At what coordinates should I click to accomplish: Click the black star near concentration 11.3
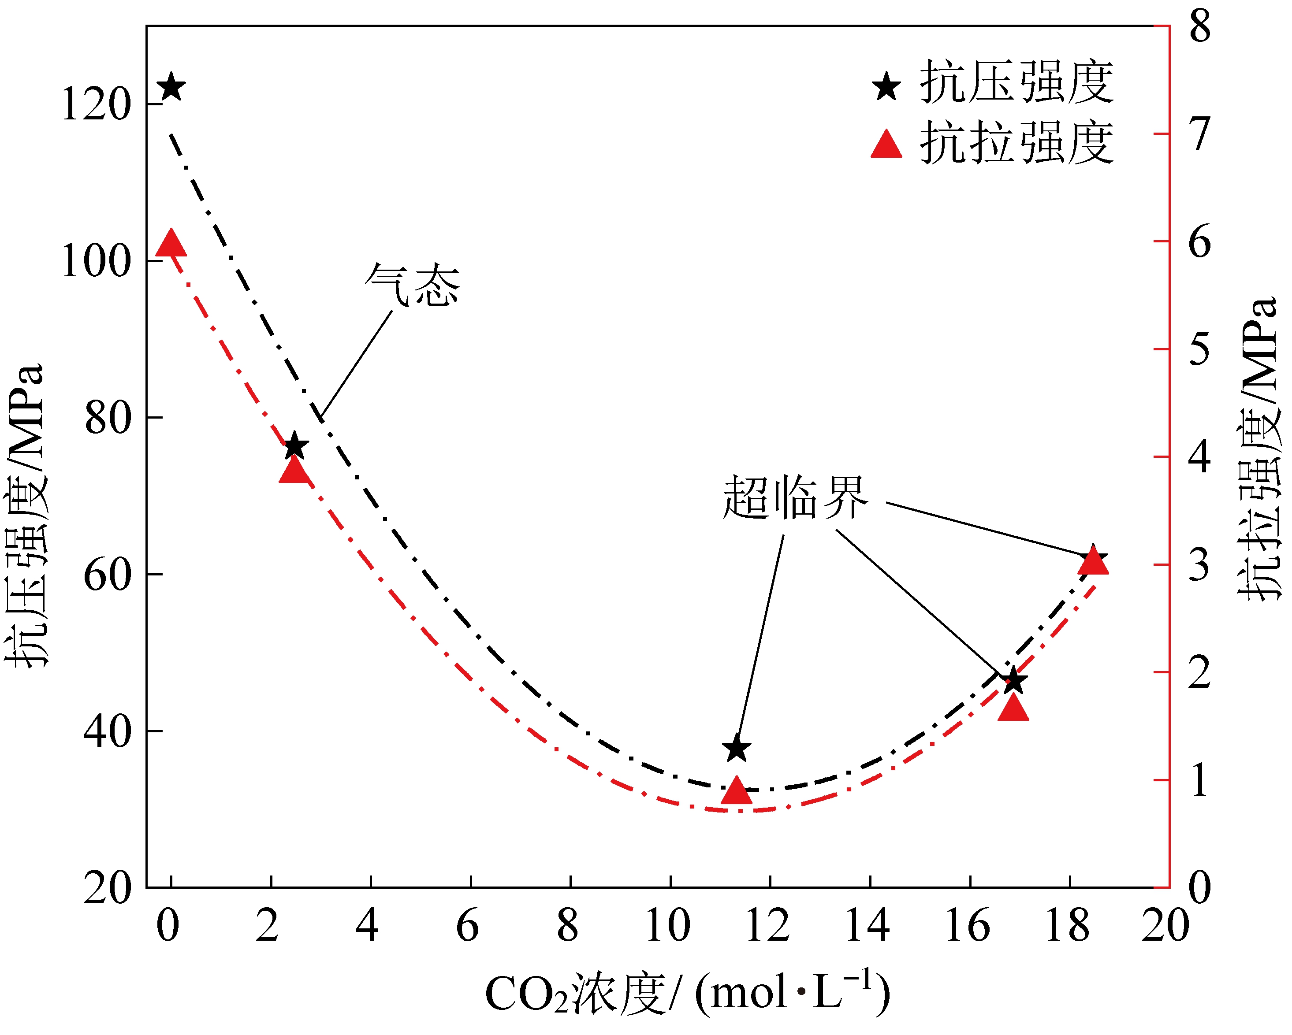coord(737,748)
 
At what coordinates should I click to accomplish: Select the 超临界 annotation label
coord(795,497)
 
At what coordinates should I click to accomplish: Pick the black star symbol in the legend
coord(886,87)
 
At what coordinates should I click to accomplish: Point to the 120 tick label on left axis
coord(96,105)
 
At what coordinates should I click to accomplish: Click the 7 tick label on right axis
coord(1200,134)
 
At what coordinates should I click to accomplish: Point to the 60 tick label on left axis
coord(107,575)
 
